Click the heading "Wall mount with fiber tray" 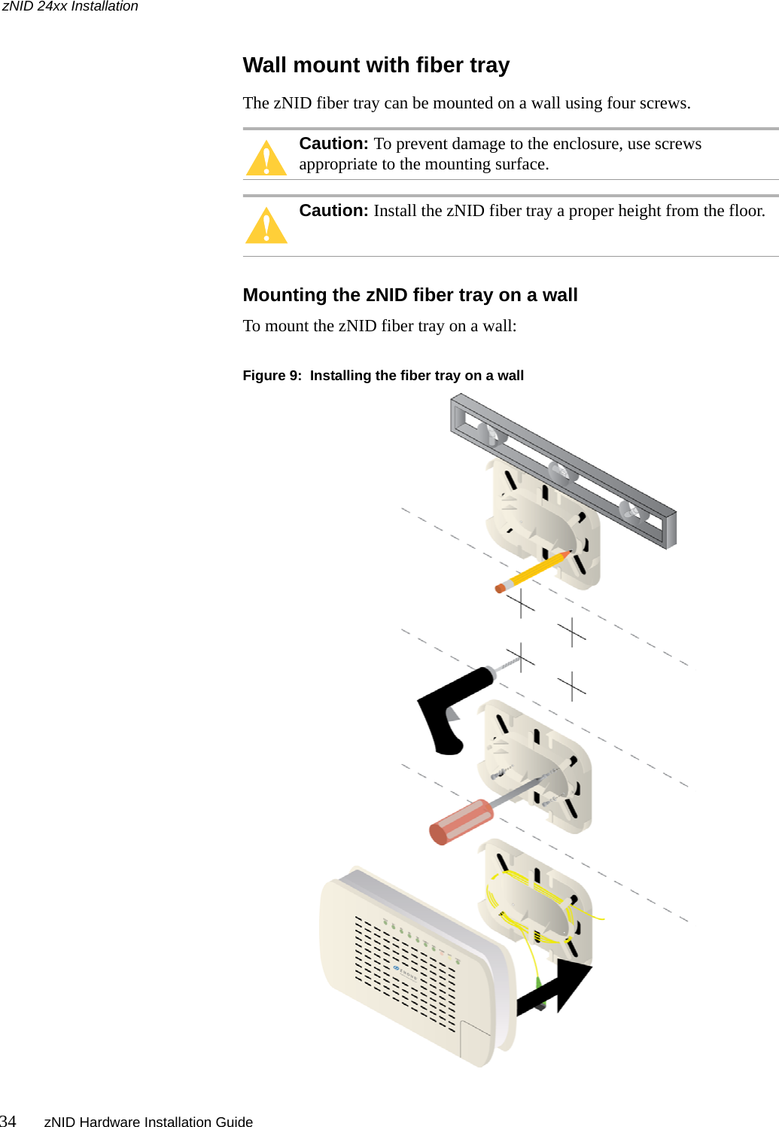(376, 65)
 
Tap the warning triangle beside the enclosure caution (266, 159)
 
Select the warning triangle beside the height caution (266, 226)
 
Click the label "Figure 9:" (272, 376)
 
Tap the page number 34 (8, 1121)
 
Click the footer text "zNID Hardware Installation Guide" (148, 1122)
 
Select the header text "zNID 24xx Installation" (70, 7)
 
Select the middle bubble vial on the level (559, 472)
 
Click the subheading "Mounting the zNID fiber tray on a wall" (410, 295)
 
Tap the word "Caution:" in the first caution (333, 144)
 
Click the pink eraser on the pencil (501, 588)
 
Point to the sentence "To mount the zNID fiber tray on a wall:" (379, 326)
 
